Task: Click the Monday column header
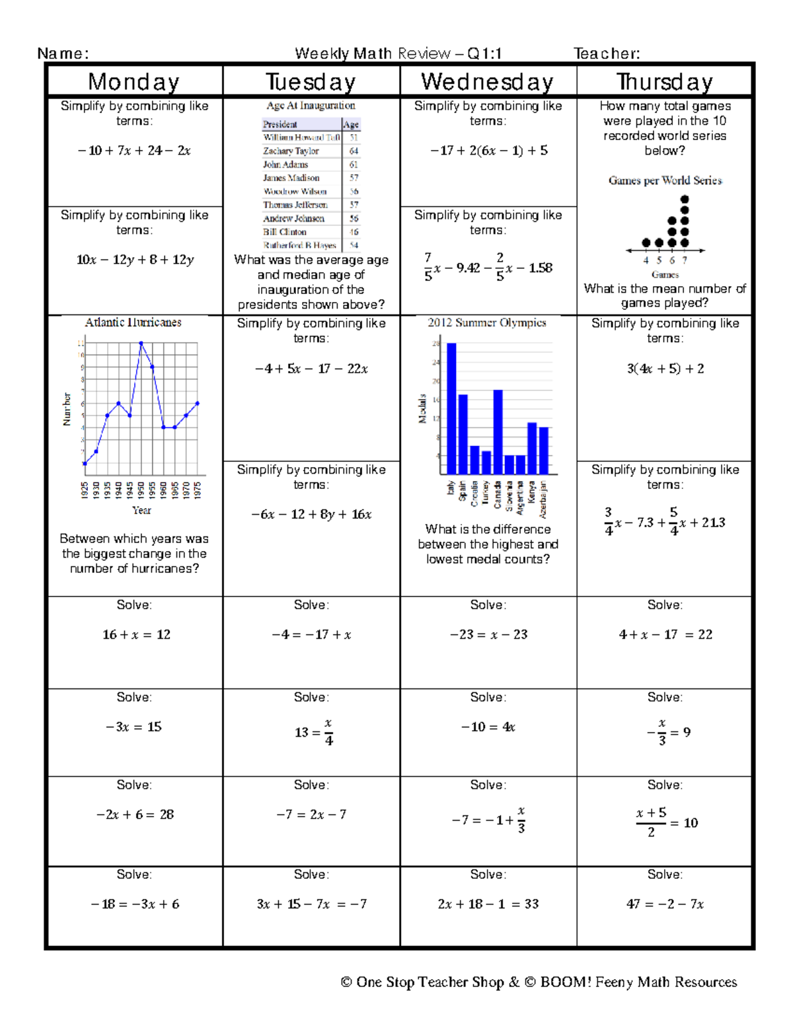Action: pyautogui.click(x=134, y=82)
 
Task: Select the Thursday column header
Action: pyautogui.click(x=664, y=82)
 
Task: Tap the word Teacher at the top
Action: pyautogui.click(x=606, y=54)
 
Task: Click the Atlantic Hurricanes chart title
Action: pyautogui.click(x=133, y=322)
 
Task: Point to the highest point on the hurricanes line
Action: pyautogui.click(x=141, y=343)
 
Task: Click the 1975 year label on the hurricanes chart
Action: pyautogui.click(x=198, y=490)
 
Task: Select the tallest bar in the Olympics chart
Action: pyautogui.click(x=451, y=408)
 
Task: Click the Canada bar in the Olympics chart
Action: pyautogui.click(x=498, y=431)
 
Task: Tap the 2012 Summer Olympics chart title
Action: pyautogui.click(x=486, y=322)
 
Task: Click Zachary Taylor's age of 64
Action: pyautogui.click(x=354, y=151)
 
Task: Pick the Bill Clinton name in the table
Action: pyautogui.click(x=285, y=232)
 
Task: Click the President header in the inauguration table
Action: pyautogui.click(x=280, y=124)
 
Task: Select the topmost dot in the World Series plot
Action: pyautogui.click(x=685, y=199)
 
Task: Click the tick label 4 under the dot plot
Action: pyautogui.click(x=646, y=260)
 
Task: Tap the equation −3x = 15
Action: pyautogui.click(x=134, y=727)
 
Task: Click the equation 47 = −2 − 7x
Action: pyautogui.click(x=665, y=904)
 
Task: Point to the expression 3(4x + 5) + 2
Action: pyautogui.click(x=665, y=369)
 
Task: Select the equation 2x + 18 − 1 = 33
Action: pyautogui.click(x=488, y=904)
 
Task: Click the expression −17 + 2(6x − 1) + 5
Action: pyautogui.click(x=488, y=151)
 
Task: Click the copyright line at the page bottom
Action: pyautogui.click(x=539, y=982)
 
